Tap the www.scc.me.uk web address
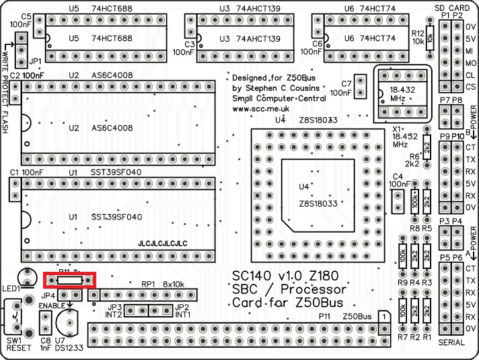coord(260,108)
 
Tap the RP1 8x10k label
coord(161,284)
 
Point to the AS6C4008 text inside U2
coord(112,127)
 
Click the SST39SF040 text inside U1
coord(116,217)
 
